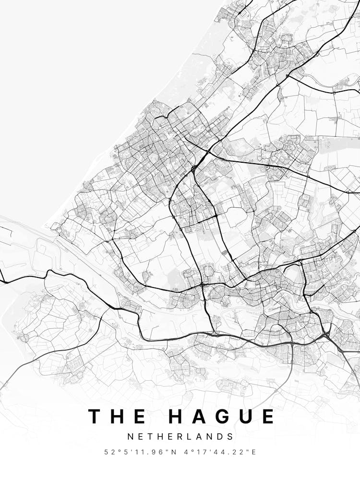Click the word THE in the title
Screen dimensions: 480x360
pos(118,416)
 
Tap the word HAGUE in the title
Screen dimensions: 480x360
pos(222,416)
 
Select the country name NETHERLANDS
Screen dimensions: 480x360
pos(180,437)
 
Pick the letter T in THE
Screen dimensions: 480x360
pos(95,416)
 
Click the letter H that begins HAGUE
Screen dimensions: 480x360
pos(176,416)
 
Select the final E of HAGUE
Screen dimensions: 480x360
pos(268,416)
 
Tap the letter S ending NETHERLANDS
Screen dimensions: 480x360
pos(231,437)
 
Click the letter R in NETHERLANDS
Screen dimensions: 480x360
pos(180,437)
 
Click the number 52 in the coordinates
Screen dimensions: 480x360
pos(110,452)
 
